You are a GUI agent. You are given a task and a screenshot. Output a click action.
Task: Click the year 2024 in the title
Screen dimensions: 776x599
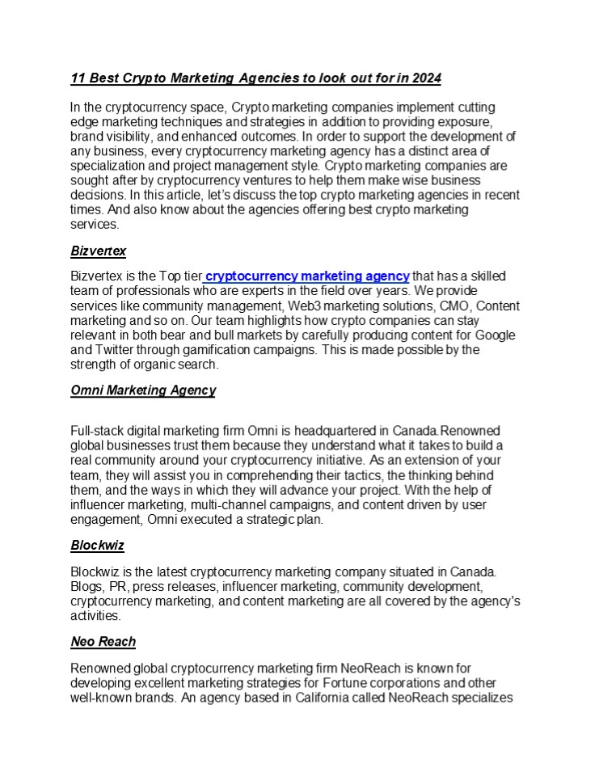click(426, 78)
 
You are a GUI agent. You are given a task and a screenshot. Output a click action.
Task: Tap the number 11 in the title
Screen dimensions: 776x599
click(78, 78)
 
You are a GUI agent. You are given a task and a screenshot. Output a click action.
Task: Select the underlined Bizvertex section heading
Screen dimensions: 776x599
click(98, 251)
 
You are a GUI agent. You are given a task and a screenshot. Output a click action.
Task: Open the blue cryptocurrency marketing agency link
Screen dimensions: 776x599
click(307, 276)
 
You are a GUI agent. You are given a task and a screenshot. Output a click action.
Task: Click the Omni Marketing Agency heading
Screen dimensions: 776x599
click(143, 390)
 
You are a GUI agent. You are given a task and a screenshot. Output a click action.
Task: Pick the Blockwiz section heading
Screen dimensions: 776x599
click(97, 546)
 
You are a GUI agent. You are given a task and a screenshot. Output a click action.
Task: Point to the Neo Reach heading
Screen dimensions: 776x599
click(103, 641)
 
